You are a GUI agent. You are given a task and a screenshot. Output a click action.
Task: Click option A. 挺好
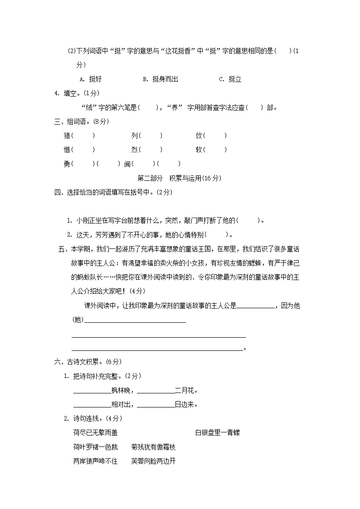91,79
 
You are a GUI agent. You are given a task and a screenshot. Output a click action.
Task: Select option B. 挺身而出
161,79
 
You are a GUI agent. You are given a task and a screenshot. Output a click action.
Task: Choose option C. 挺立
230,79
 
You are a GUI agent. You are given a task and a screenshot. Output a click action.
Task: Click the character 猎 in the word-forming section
67,136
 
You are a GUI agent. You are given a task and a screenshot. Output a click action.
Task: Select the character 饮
199,136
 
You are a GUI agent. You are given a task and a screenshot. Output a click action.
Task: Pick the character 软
199,150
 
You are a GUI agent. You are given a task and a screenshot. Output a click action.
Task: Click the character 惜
67,150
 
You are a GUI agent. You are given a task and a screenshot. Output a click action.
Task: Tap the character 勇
67,164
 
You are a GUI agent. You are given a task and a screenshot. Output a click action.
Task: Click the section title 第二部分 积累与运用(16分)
179,178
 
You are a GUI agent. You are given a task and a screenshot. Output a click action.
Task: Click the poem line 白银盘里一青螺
218,433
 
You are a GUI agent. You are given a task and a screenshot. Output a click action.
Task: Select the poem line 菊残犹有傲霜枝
153,447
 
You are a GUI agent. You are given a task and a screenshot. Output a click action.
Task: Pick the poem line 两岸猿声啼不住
95,461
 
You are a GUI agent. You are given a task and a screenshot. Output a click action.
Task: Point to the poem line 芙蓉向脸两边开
153,461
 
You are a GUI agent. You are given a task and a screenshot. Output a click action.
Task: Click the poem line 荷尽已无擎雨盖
95,433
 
